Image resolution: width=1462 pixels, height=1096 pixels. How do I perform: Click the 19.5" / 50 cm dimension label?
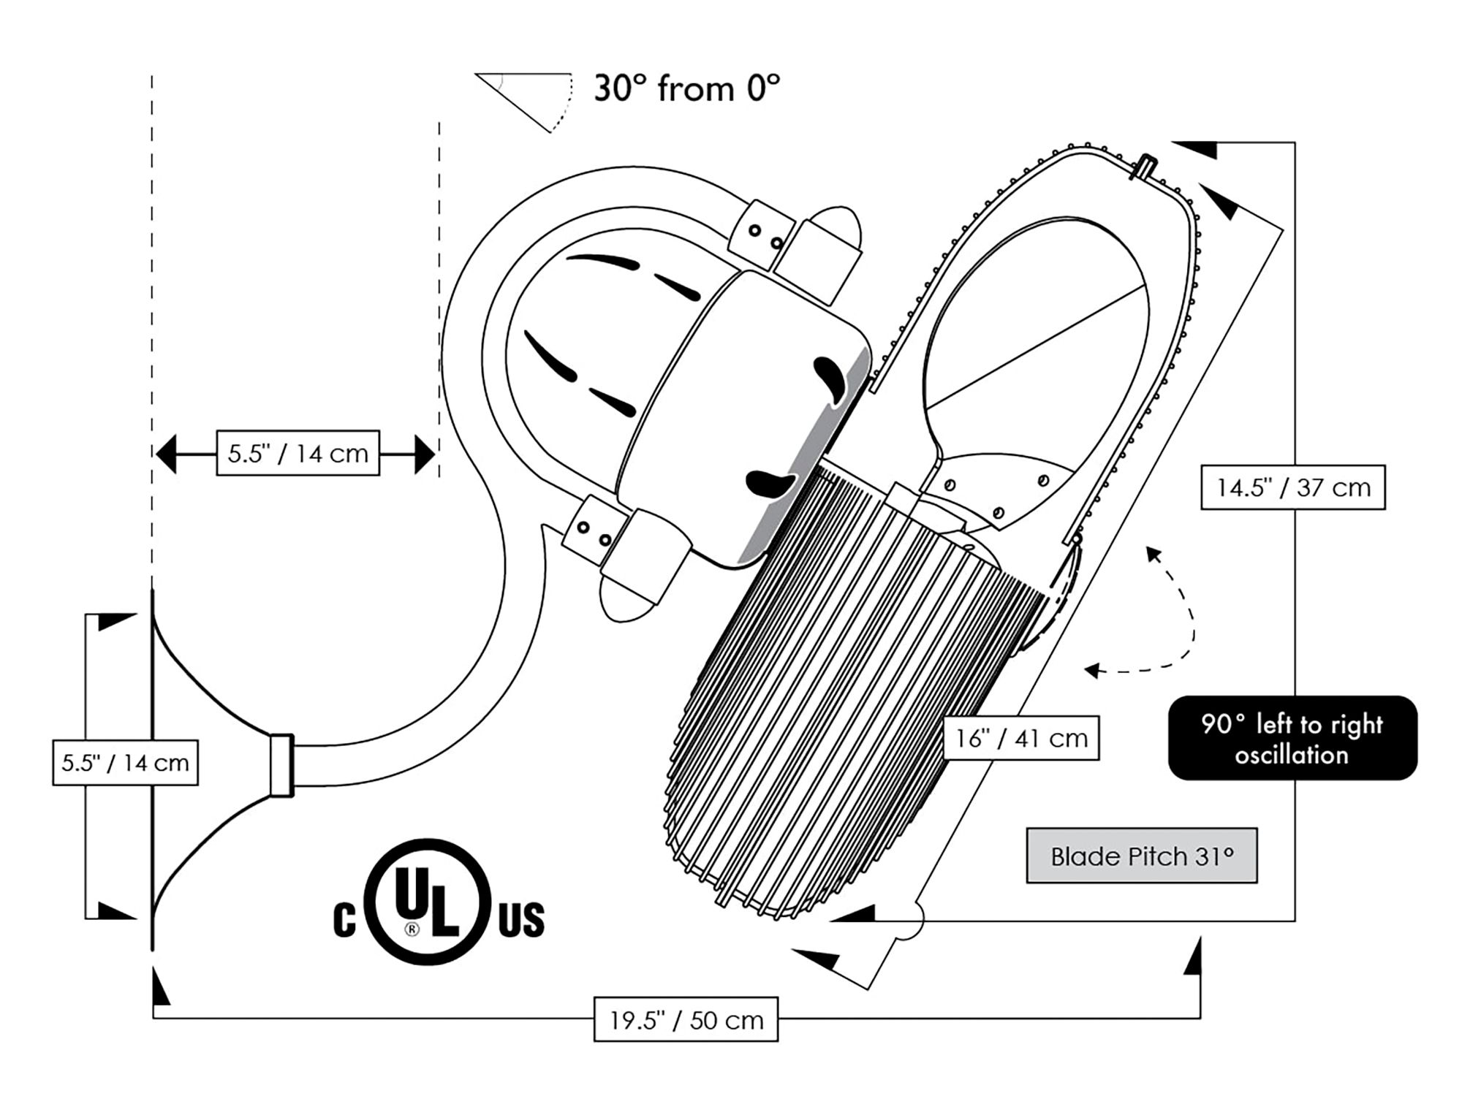(x=686, y=1019)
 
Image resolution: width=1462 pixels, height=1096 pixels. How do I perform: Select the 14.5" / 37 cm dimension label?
(x=1293, y=487)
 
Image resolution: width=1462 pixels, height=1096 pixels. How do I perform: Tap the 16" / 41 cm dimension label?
(x=1021, y=738)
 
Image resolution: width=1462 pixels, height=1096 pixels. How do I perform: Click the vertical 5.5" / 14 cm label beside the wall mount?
(x=126, y=763)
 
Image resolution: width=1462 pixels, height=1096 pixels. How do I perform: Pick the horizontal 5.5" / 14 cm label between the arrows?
(x=298, y=453)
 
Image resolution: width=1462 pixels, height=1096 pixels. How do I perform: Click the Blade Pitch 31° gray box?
(x=1142, y=856)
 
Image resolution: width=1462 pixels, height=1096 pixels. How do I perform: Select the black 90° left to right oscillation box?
(x=1292, y=738)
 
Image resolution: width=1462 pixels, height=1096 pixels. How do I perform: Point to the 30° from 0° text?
(x=686, y=88)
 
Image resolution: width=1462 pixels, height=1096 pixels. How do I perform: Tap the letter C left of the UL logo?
(x=344, y=920)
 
